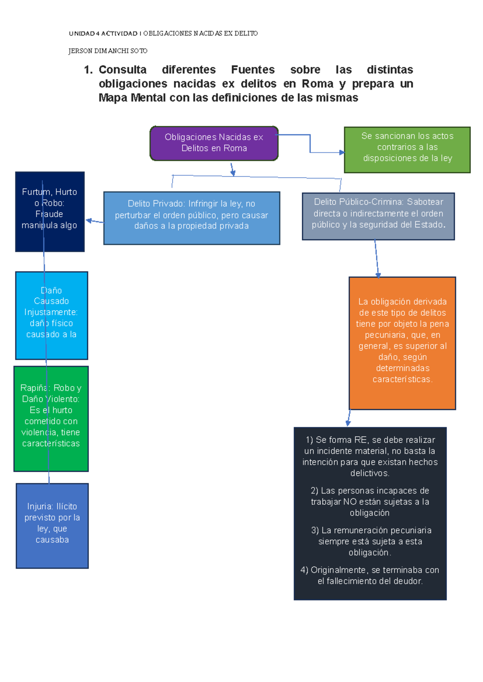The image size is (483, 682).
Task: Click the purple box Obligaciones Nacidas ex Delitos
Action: [214, 143]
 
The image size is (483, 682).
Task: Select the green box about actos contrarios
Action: [407, 150]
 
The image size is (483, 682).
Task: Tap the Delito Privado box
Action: [192, 218]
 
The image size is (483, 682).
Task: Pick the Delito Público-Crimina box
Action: [378, 216]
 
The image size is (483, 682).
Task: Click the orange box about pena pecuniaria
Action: [402, 343]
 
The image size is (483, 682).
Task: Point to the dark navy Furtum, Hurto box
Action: [50, 212]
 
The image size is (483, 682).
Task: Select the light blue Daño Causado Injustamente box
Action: [51, 315]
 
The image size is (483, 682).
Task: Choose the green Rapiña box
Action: [51, 418]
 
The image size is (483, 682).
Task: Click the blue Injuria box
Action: [52, 525]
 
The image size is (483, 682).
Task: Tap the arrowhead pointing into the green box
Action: [342, 152]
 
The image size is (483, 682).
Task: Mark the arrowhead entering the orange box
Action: [378, 275]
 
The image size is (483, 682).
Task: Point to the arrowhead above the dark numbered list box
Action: [348, 423]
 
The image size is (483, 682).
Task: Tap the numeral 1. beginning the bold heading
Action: [88, 70]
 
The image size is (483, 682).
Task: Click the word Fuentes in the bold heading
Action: [253, 70]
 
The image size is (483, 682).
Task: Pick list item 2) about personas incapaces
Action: [369, 501]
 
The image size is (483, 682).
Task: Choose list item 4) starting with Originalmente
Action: [369, 575]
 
